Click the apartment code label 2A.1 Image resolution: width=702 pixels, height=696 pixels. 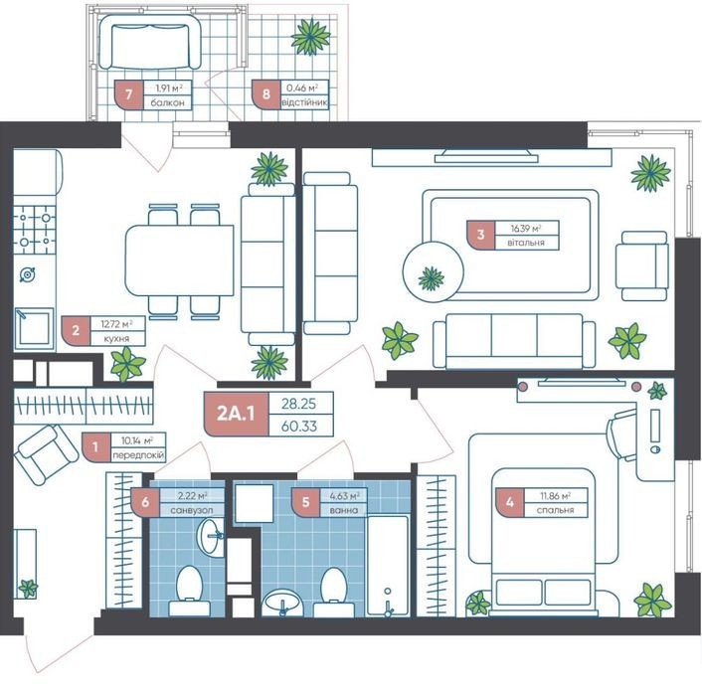coord(236,414)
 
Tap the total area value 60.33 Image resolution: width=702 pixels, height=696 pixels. coord(299,426)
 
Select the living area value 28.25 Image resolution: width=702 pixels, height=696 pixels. coord(298,404)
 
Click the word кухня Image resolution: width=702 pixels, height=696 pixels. coord(116,339)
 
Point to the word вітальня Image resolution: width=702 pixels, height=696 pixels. coord(526,243)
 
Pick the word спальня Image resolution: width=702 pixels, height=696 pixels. coord(555,510)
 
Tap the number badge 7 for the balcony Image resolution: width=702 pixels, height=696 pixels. coord(129,94)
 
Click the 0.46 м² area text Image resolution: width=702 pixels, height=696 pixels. coord(302,88)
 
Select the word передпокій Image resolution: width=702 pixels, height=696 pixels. coord(138,455)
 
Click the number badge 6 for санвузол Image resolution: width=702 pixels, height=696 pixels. coord(145,502)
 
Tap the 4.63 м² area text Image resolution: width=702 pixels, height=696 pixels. coord(345,496)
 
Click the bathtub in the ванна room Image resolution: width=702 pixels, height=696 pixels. coord(388,566)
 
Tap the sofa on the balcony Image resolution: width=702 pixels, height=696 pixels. coord(150,42)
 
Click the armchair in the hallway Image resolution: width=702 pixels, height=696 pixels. coord(46,454)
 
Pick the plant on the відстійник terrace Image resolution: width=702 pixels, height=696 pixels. coord(310,37)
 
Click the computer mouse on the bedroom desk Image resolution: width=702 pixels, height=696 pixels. coord(654,448)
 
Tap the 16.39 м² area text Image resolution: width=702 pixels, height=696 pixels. coord(526,229)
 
